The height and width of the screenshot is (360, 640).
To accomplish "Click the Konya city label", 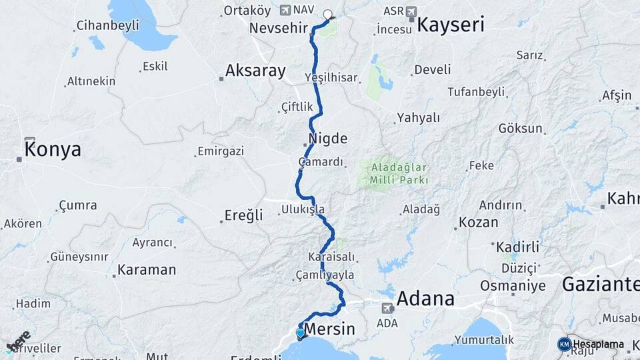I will [x=53, y=149].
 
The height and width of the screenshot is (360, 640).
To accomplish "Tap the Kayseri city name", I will [x=451, y=25].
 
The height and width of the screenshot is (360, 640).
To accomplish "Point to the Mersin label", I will [x=329, y=329].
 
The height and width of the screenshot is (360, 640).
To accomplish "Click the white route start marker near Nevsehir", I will [x=327, y=14].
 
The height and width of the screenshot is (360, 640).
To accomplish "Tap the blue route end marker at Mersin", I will [x=301, y=333].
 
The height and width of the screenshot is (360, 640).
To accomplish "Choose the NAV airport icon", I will [x=286, y=10].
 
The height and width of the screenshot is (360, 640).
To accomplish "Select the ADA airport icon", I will [x=387, y=308].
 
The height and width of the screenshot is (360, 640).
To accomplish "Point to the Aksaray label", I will [x=255, y=70].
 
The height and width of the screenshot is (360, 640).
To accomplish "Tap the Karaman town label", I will [x=147, y=270].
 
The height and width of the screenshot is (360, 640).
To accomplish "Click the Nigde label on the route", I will [x=328, y=139].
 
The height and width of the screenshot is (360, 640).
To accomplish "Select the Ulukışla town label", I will [x=303, y=209].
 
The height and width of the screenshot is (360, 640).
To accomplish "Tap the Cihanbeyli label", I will [x=107, y=25].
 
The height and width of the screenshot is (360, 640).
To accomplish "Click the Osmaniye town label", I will [x=513, y=286].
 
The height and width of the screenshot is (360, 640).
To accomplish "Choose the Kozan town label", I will [x=479, y=222].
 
